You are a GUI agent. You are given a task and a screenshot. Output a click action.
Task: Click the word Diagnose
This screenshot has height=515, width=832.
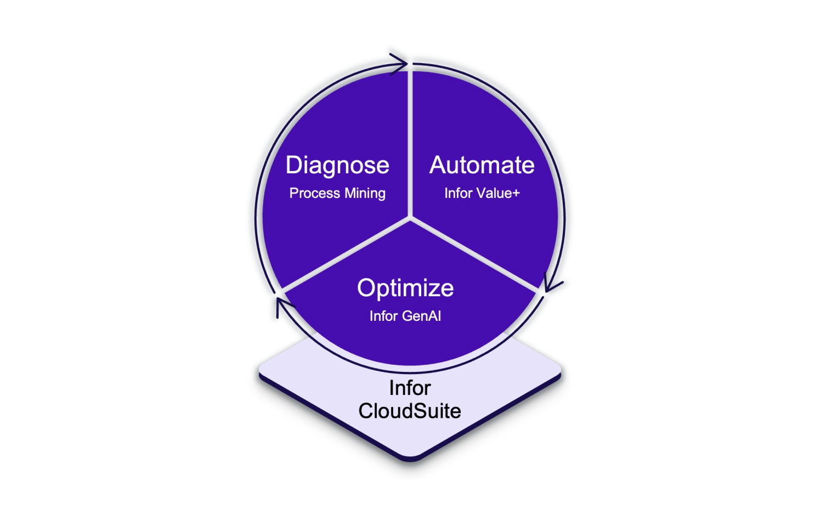pyautogui.click(x=337, y=166)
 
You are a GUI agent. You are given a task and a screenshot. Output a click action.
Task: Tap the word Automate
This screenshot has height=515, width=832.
pyautogui.click(x=482, y=165)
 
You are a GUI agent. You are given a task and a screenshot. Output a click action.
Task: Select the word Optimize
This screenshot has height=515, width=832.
pyautogui.click(x=405, y=288)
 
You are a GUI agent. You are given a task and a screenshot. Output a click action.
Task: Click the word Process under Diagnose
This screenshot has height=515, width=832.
pyautogui.click(x=315, y=193)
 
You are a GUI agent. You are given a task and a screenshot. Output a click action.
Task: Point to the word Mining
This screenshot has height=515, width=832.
pyautogui.click(x=365, y=194)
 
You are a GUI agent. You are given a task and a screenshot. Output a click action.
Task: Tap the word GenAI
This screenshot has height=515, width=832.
pyautogui.click(x=422, y=316)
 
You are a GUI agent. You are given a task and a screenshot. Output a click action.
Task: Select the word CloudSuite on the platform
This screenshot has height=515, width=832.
pyautogui.click(x=410, y=411)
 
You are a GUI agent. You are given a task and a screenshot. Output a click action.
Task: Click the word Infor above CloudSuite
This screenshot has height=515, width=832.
pyautogui.click(x=410, y=388)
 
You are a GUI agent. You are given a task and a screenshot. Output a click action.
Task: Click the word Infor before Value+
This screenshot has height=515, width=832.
pyautogui.click(x=458, y=193)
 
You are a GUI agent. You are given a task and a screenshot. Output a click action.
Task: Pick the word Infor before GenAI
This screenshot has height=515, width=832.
pyautogui.click(x=383, y=316)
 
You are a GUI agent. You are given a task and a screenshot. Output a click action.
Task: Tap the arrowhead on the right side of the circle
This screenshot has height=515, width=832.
pyautogui.click(x=552, y=283)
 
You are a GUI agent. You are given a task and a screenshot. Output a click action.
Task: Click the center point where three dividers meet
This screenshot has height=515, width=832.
pyautogui.click(x=410, y=218)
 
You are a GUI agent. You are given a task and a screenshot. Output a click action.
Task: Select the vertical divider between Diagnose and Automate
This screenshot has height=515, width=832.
pyautogui.click(x=410, y=143)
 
